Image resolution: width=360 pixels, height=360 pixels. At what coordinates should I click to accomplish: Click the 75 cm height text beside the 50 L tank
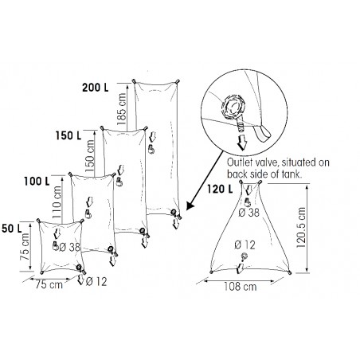click(x=25, y=255)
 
